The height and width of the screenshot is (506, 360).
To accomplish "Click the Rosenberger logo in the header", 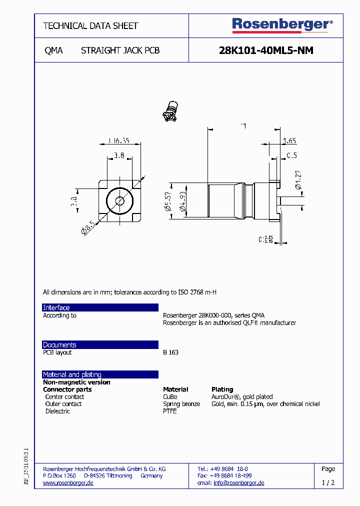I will [282, 24].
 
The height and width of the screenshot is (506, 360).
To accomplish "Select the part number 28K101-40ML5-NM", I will [266, 50].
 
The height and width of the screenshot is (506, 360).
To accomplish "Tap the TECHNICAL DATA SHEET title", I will [90, 25].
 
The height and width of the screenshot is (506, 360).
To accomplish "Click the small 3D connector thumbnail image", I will [171, 111].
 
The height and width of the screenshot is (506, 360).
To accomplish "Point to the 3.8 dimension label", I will [119, 155].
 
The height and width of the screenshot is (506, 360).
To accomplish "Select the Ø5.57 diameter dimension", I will [168, 201].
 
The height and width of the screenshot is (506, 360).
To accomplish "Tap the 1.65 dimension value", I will [289, 141].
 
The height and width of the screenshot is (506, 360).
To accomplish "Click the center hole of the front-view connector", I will [120, 201].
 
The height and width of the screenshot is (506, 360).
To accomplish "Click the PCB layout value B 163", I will [170, 352].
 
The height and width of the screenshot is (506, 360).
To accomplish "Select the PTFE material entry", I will [170, 411].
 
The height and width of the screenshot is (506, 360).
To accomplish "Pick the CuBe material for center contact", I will [170, 397].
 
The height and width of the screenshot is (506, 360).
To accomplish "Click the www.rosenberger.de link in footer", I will [68, 483].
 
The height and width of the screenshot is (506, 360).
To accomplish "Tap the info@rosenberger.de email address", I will [238, 483].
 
